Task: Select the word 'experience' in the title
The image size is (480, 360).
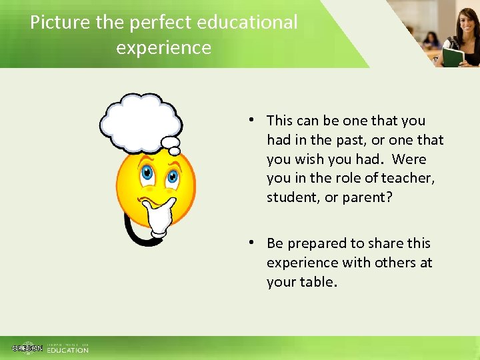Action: click(163, 48)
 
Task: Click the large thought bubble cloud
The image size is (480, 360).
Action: click(140, 121)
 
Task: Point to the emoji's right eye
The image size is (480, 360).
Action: click(171, 177)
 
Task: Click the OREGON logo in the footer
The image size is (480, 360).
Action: click(27, 348)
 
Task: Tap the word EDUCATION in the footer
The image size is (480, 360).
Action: click(67, 350)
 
